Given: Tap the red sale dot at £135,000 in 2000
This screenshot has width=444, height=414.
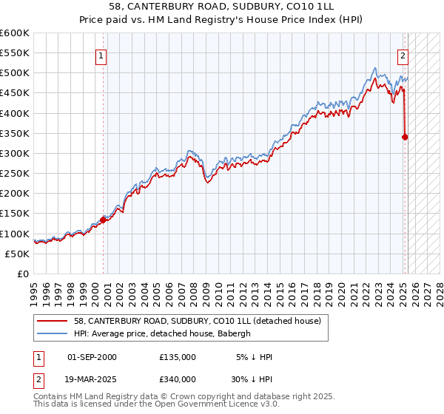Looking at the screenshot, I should [103, 219].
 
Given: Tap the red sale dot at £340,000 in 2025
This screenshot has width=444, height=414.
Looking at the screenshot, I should [405, 137].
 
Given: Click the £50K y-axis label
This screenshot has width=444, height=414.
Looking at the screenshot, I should [18, 254].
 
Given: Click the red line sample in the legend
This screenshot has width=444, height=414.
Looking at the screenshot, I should [52, 321].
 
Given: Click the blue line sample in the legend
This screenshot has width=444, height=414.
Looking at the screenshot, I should [52, 333].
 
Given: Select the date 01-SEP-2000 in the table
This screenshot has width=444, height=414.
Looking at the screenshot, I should [92, 357].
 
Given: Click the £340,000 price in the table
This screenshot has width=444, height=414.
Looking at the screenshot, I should [177, 379].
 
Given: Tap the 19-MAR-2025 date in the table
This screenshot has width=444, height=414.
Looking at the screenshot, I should [92, 379].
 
